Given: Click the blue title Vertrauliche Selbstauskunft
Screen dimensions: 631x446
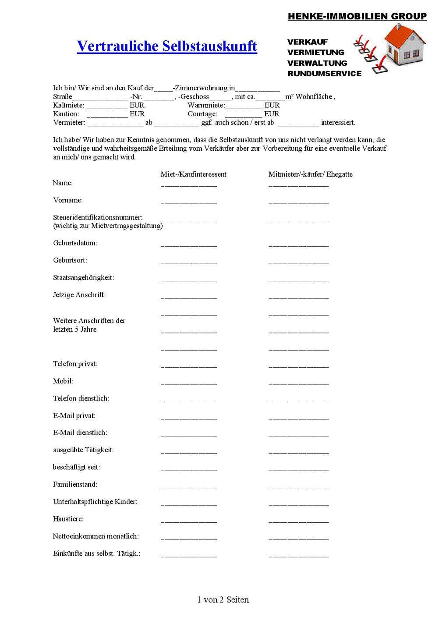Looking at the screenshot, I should (x=167, y=46).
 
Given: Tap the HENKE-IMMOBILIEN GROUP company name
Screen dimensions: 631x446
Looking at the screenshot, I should (x=357, y=17).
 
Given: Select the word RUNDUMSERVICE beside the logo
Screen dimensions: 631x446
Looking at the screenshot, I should (x=324, y=74).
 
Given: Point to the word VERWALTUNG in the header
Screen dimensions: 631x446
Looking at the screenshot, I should (x=317, y=63).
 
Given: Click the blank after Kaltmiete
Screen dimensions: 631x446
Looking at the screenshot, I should (x=107, y=106).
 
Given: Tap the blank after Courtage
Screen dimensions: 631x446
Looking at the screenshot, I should (x=243, y=114).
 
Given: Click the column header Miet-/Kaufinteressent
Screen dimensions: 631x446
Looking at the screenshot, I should (x=193, y=174).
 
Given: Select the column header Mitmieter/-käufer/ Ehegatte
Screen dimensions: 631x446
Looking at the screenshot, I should (x=310, y=174).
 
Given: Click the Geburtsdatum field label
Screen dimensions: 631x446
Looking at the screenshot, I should (x=75, y=243).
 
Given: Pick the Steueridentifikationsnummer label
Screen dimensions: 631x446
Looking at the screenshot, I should (x=98, y=217).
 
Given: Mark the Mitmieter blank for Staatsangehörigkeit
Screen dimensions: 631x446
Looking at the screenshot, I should (x=298, y=279).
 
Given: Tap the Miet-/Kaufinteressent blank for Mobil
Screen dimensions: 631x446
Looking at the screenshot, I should (x=188, y=383).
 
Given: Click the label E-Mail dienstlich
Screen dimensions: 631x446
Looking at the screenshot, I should (x=80, y=433).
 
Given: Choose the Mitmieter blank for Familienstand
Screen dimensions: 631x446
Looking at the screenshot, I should (x=298, y=486).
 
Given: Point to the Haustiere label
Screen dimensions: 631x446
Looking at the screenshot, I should (x=68, y=519).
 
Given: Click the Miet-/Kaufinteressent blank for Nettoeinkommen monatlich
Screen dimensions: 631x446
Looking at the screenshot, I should (x=188, y=538).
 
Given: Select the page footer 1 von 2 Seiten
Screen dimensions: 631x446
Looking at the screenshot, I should (x=223, y=600).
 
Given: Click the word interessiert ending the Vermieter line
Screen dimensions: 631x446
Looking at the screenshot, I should (x=338, y=123).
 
